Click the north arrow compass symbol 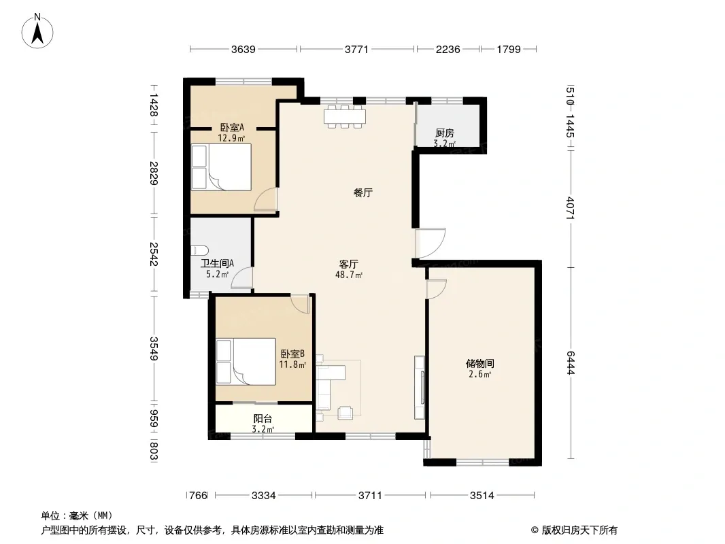37,31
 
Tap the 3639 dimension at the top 243,50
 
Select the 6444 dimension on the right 571,363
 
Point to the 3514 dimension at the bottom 482,496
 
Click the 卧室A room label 232,127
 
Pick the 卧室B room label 292,354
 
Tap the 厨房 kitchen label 445,133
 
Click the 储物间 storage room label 480,364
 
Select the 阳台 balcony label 263,419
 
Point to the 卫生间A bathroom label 217,263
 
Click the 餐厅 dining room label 363,192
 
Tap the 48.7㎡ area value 349,275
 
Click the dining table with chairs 344,116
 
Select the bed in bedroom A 222,167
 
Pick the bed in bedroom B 246,362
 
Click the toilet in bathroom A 200,250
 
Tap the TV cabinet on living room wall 420,388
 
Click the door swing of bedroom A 266,200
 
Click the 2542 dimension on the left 154,254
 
